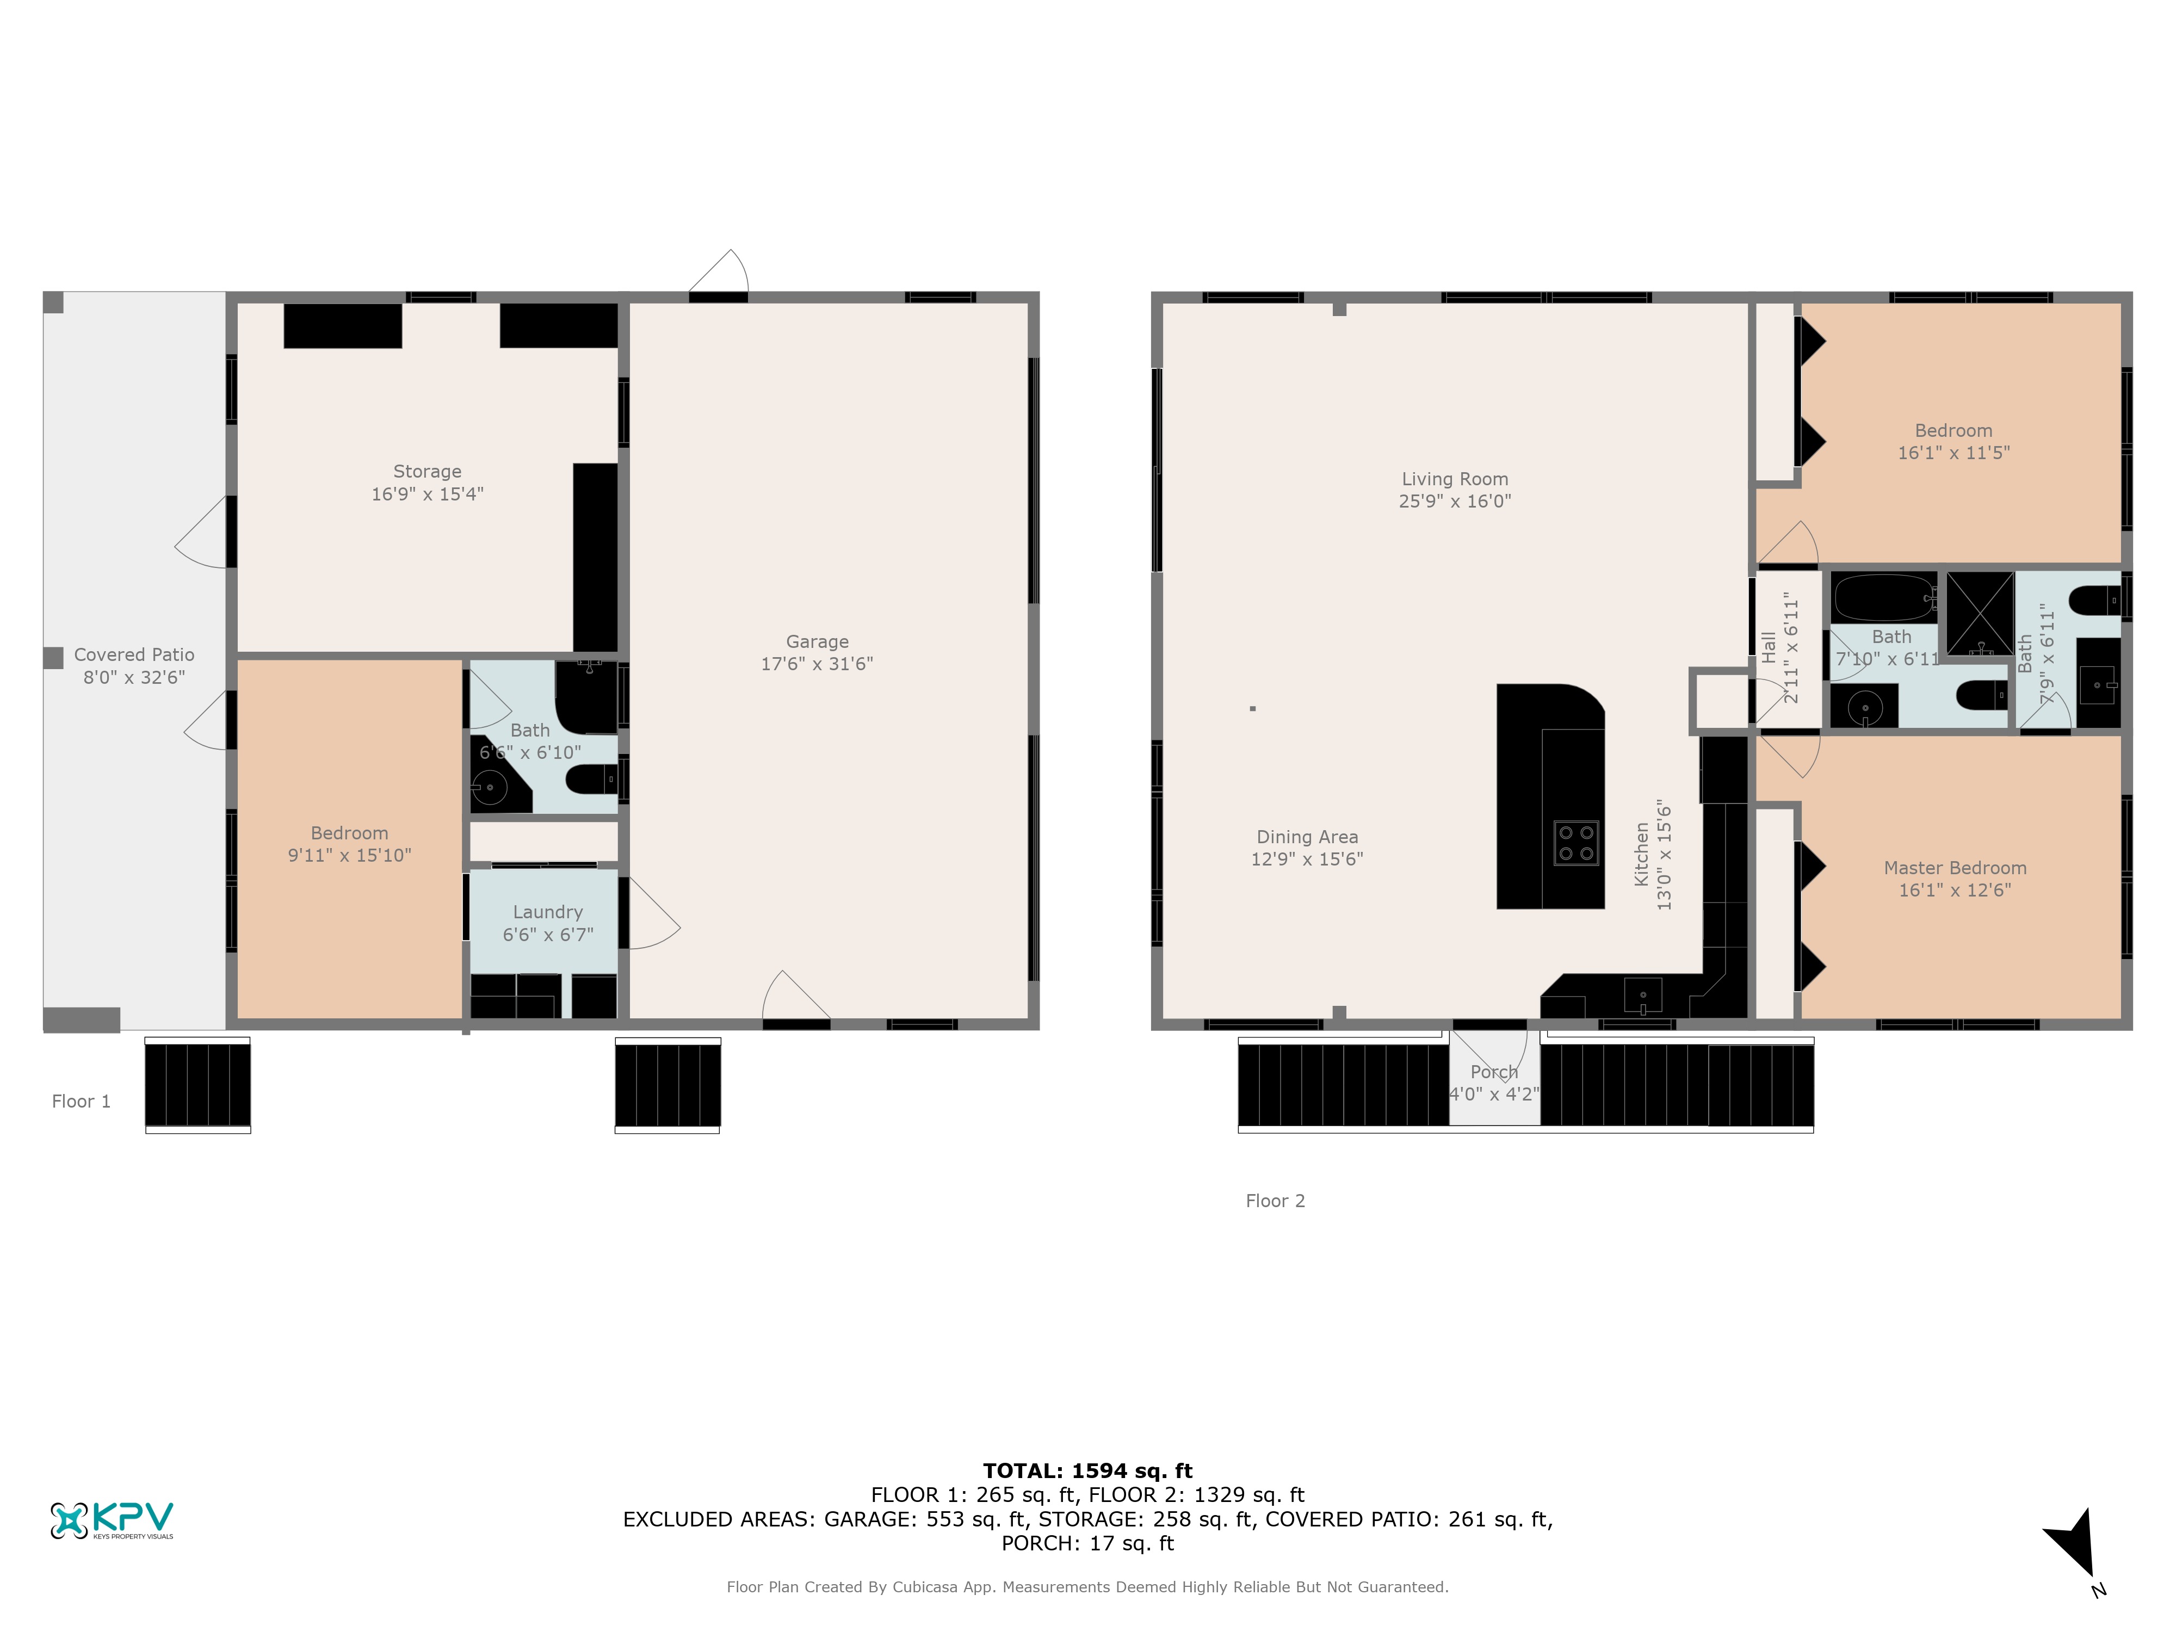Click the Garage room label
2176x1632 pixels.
click(x=817, y=641)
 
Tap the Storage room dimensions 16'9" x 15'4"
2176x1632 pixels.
click(x=427, y=494)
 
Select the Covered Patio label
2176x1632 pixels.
click(x=134, y=655)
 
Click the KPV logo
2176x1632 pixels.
click(x=111, y=1520)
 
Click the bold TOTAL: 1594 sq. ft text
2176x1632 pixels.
click(x=1087, y=1470)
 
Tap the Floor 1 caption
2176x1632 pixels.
click(x=81, y=1102)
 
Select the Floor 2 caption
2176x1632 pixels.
click(x=1275, y=1201)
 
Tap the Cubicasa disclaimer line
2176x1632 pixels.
click(x=1087, y=1587)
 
